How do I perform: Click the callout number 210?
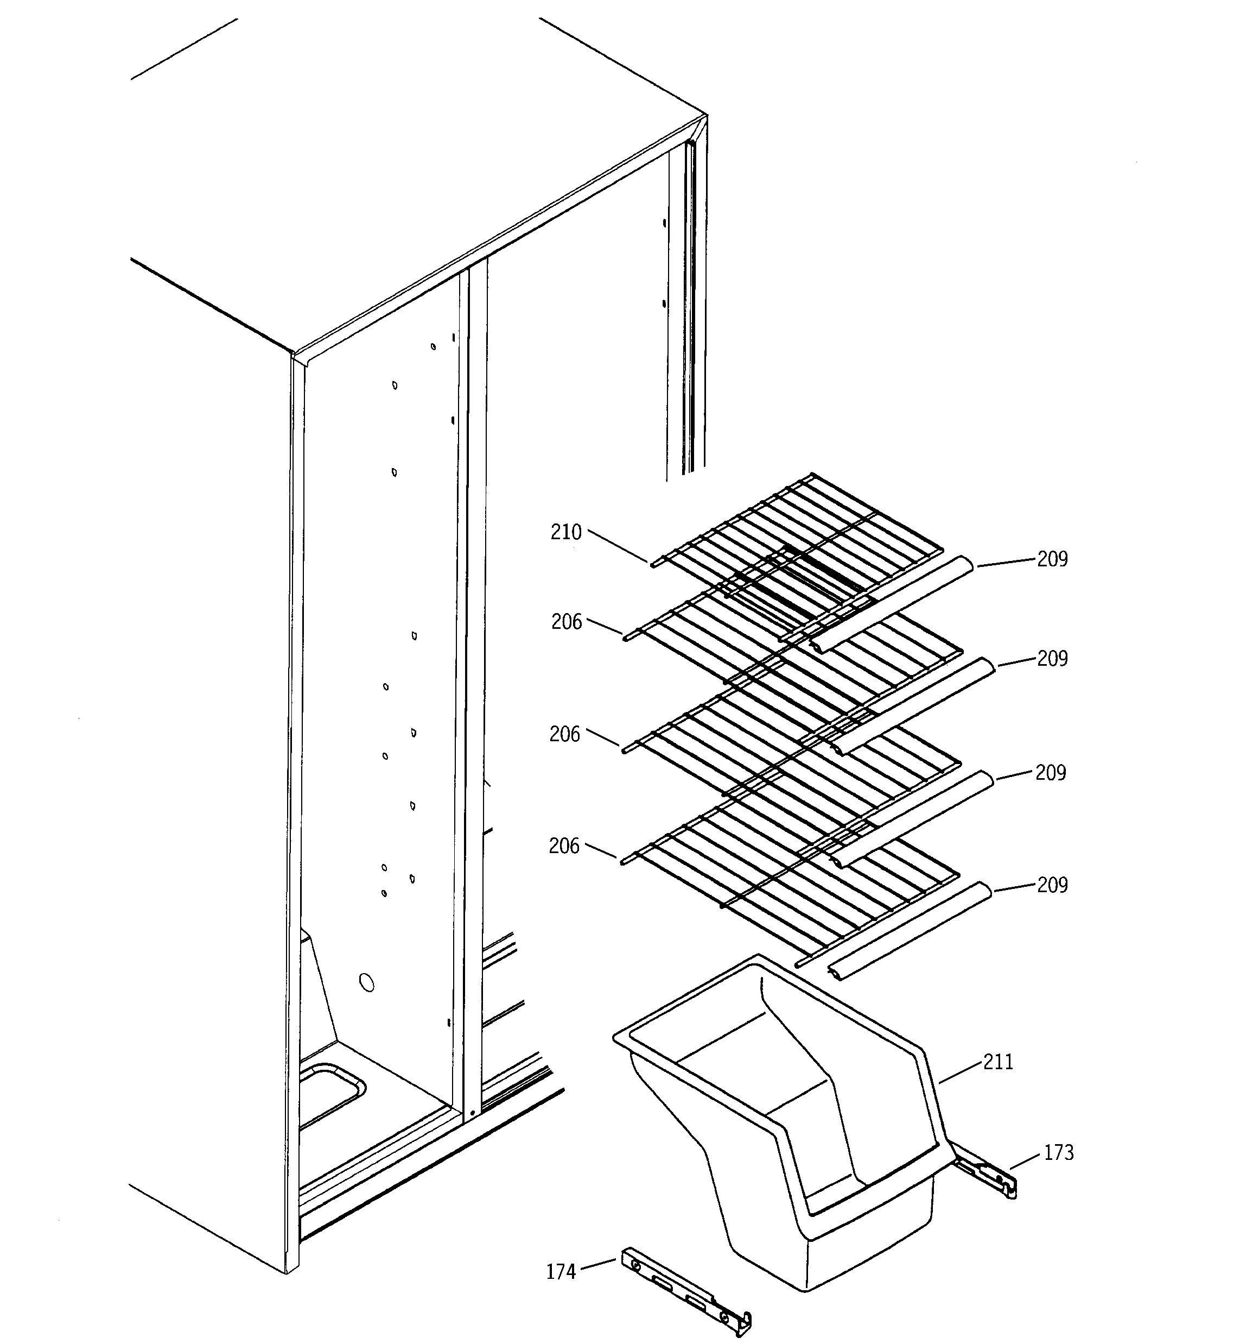pyautogui.click(x=565, y=533)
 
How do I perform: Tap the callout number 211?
pyautogui.click(x=998, y=1062)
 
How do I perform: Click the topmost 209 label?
pyautogui.click(x=1052, y=559)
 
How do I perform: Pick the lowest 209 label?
pyautogui.click(x=1052, y=885)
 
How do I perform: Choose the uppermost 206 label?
pyautogui.click(x=567, y=622)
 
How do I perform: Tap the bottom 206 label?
pyautogui.click(x=564, y=845)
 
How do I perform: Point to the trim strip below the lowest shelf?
pyautogui.click(x=909, y=931)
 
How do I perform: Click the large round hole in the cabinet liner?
pyautogui.click(x=366, y=982)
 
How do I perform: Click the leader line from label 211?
pyautogui.click(x=959, y=1073)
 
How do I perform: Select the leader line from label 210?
pyautogui.click(x=618, y=547)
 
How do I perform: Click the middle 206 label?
pyautogui.click(x=564, y=734)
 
